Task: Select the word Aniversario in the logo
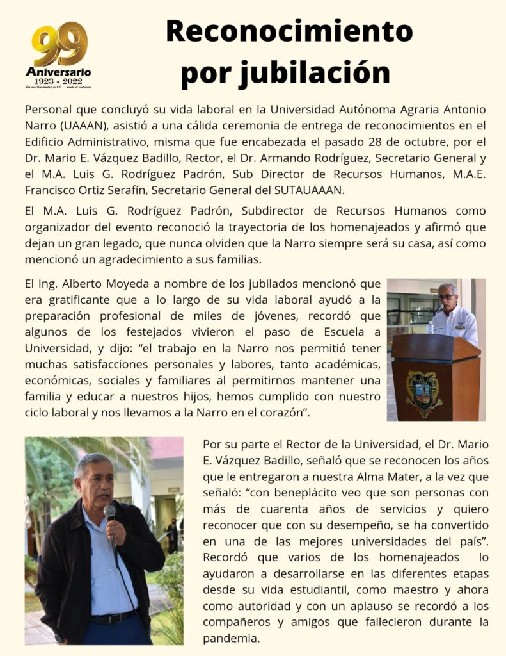(58, 71)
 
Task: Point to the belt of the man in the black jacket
(113, 619)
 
